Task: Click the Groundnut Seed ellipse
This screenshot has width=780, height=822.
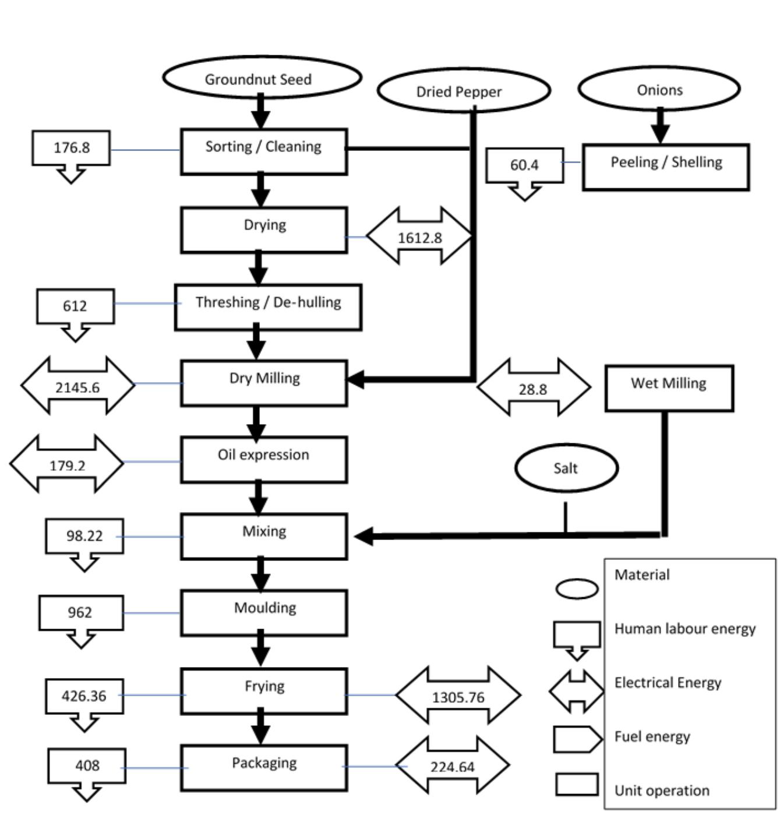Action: (262, 78)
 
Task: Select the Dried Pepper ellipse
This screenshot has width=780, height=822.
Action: (463, 91)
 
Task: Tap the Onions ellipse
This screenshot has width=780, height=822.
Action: (659, 89)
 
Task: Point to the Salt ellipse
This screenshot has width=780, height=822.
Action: (566, 468)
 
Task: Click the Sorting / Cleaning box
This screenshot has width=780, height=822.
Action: (263, 151)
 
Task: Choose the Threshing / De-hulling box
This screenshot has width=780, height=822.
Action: (267, 307)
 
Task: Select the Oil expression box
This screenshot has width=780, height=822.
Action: (263, 460)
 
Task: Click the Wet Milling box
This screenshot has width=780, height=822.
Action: (669, 388)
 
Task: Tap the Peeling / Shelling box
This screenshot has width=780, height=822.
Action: (665, 167)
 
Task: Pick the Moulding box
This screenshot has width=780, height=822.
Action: (264, 612)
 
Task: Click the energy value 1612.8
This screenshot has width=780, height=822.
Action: (419, 237)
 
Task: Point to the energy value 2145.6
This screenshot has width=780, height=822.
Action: (77, 387)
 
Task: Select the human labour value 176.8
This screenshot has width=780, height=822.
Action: (72, 148)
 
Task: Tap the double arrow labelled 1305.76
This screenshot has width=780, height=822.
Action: (458, 697)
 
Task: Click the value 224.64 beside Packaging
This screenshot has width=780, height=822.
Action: (452, 767)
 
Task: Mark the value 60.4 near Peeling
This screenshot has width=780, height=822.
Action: (524, 165)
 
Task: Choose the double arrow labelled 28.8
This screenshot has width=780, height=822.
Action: (533, 389)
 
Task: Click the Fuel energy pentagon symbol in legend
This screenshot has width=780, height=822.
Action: (577, 739)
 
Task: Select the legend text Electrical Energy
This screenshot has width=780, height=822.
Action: (668, 682)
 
